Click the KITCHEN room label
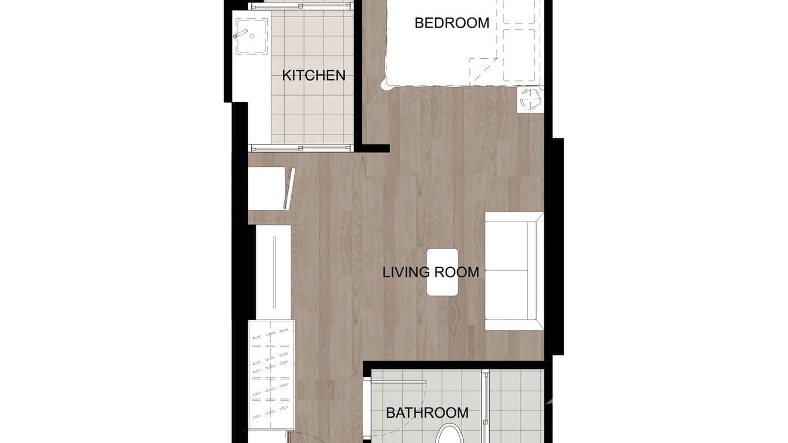314,75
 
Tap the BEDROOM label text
452,23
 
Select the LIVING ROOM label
430,273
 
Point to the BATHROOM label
427,413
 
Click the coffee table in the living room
442,272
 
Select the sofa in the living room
514,271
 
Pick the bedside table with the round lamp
531,99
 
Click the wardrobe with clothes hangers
271,374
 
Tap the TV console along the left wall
274,272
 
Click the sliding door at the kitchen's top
301,6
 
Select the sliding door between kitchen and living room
301,148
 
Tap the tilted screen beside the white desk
289,189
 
